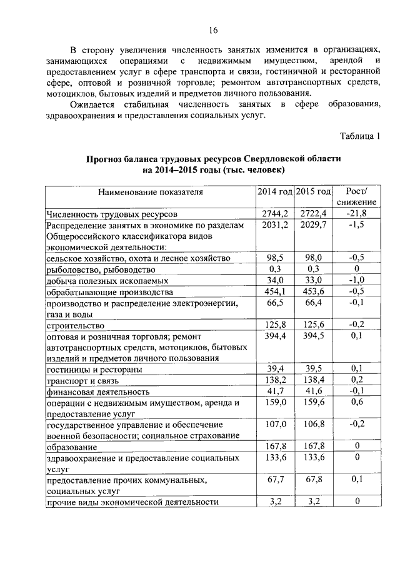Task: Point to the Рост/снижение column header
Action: pyautogui.click(x=356, y=197)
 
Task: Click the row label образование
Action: pyautogui.click(x=71, y=448)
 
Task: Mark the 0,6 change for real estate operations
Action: pyautogui.click(x=356, y=403)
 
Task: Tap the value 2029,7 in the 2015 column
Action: pyautogui.click(x=313, y=225)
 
